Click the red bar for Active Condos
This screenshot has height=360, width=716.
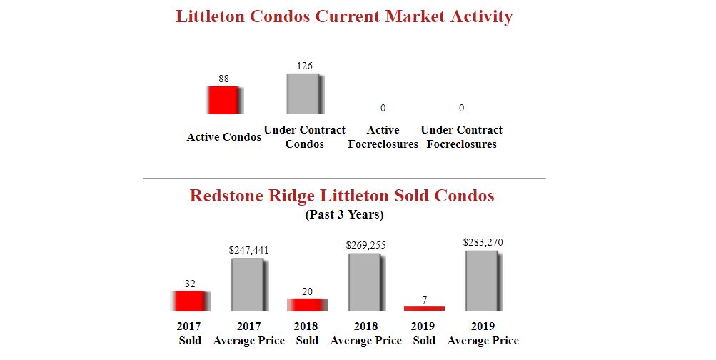tap(223, 100)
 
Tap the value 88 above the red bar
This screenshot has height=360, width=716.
tap(223, 79)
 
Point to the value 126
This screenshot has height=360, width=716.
tap(304, 66)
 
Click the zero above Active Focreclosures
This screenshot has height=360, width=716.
tap(383, 108)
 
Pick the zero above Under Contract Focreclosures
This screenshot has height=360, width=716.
tap(461, 108)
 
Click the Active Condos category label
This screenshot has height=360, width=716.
tap(223, 137)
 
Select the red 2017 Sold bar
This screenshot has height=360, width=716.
tap(190, 301)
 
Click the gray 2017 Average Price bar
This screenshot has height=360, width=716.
tap(248, 284)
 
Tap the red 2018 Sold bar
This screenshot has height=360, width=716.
tap(307, 304)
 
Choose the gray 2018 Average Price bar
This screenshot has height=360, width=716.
tap(365, 282)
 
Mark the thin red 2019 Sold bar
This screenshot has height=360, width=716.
tap(424, 309)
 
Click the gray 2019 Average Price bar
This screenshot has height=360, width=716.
tap(483, 281)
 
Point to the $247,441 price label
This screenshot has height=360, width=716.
tap(248, 250)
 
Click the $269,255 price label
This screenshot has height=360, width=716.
tap(365, 245)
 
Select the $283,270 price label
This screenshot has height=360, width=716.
tap(483, 242)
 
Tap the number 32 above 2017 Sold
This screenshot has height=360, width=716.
tap(190, 284)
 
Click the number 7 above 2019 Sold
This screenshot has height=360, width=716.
tap(424, 300)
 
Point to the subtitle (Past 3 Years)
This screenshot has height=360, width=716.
tap(344, 214)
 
